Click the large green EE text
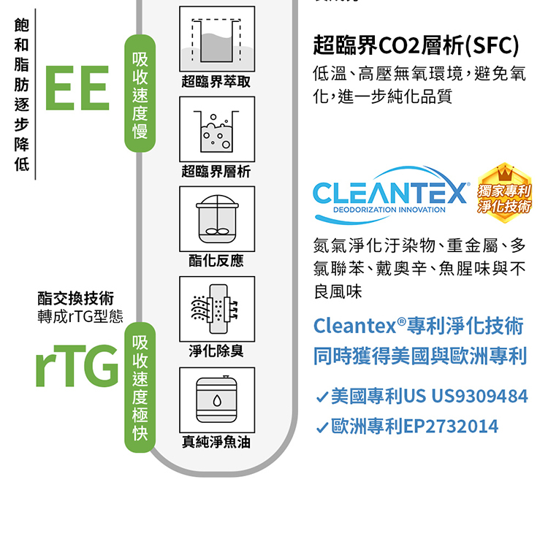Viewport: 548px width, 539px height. click(77, 88)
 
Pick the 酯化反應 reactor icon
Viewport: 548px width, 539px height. click(217, 219)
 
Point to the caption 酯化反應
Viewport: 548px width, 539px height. click(216, 261)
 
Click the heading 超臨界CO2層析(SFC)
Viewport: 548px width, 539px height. click(416, 47)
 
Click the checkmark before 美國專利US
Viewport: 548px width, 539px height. click(321, 398)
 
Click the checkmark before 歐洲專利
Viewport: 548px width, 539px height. click(321, 427)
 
